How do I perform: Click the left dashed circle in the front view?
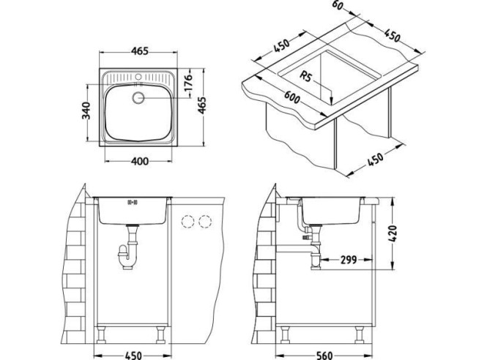point(190,220)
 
